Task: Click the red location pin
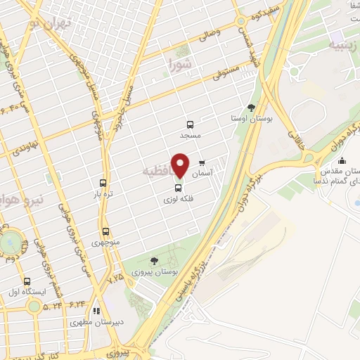click(181, 165)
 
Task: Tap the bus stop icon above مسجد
click(190, 124)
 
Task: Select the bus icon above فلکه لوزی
click(177, 188)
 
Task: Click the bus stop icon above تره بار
click(103, 183)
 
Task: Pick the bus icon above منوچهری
click(105, 231)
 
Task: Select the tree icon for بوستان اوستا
click(252, 108)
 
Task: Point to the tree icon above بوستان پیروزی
click(154, 260)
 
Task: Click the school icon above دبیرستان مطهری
click(97, 311)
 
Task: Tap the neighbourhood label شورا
click(180, 67)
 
